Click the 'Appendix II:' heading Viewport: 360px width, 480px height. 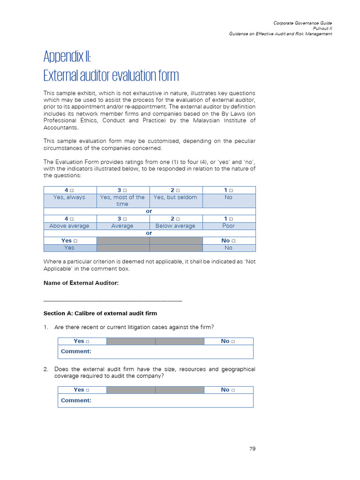(67, 57)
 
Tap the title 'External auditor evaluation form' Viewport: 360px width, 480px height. (111, 75)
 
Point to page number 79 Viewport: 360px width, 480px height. (252, 449)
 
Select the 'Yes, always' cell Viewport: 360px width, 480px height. (69, 197)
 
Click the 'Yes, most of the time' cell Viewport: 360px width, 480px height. (122, 201)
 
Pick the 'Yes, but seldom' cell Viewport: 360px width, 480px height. (175, 197)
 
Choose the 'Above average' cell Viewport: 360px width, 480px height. (69, 226)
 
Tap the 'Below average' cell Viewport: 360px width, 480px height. (175, 226)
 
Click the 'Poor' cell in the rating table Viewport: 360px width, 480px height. (228, 226)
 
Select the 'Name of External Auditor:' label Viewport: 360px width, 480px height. (81, 283)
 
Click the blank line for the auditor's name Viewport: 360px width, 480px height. (112, 300)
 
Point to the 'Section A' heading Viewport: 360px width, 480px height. (100, 313)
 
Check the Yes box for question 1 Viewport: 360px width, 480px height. (88, 342)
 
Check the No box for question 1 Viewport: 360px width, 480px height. (233, 342)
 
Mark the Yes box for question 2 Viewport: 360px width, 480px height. (88, 390)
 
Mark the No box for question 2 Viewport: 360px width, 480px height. (233, 390)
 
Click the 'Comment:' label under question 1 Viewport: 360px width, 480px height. (76, 351)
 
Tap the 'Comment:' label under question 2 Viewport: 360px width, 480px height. (76, 400)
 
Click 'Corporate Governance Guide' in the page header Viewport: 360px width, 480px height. (303, 23)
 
